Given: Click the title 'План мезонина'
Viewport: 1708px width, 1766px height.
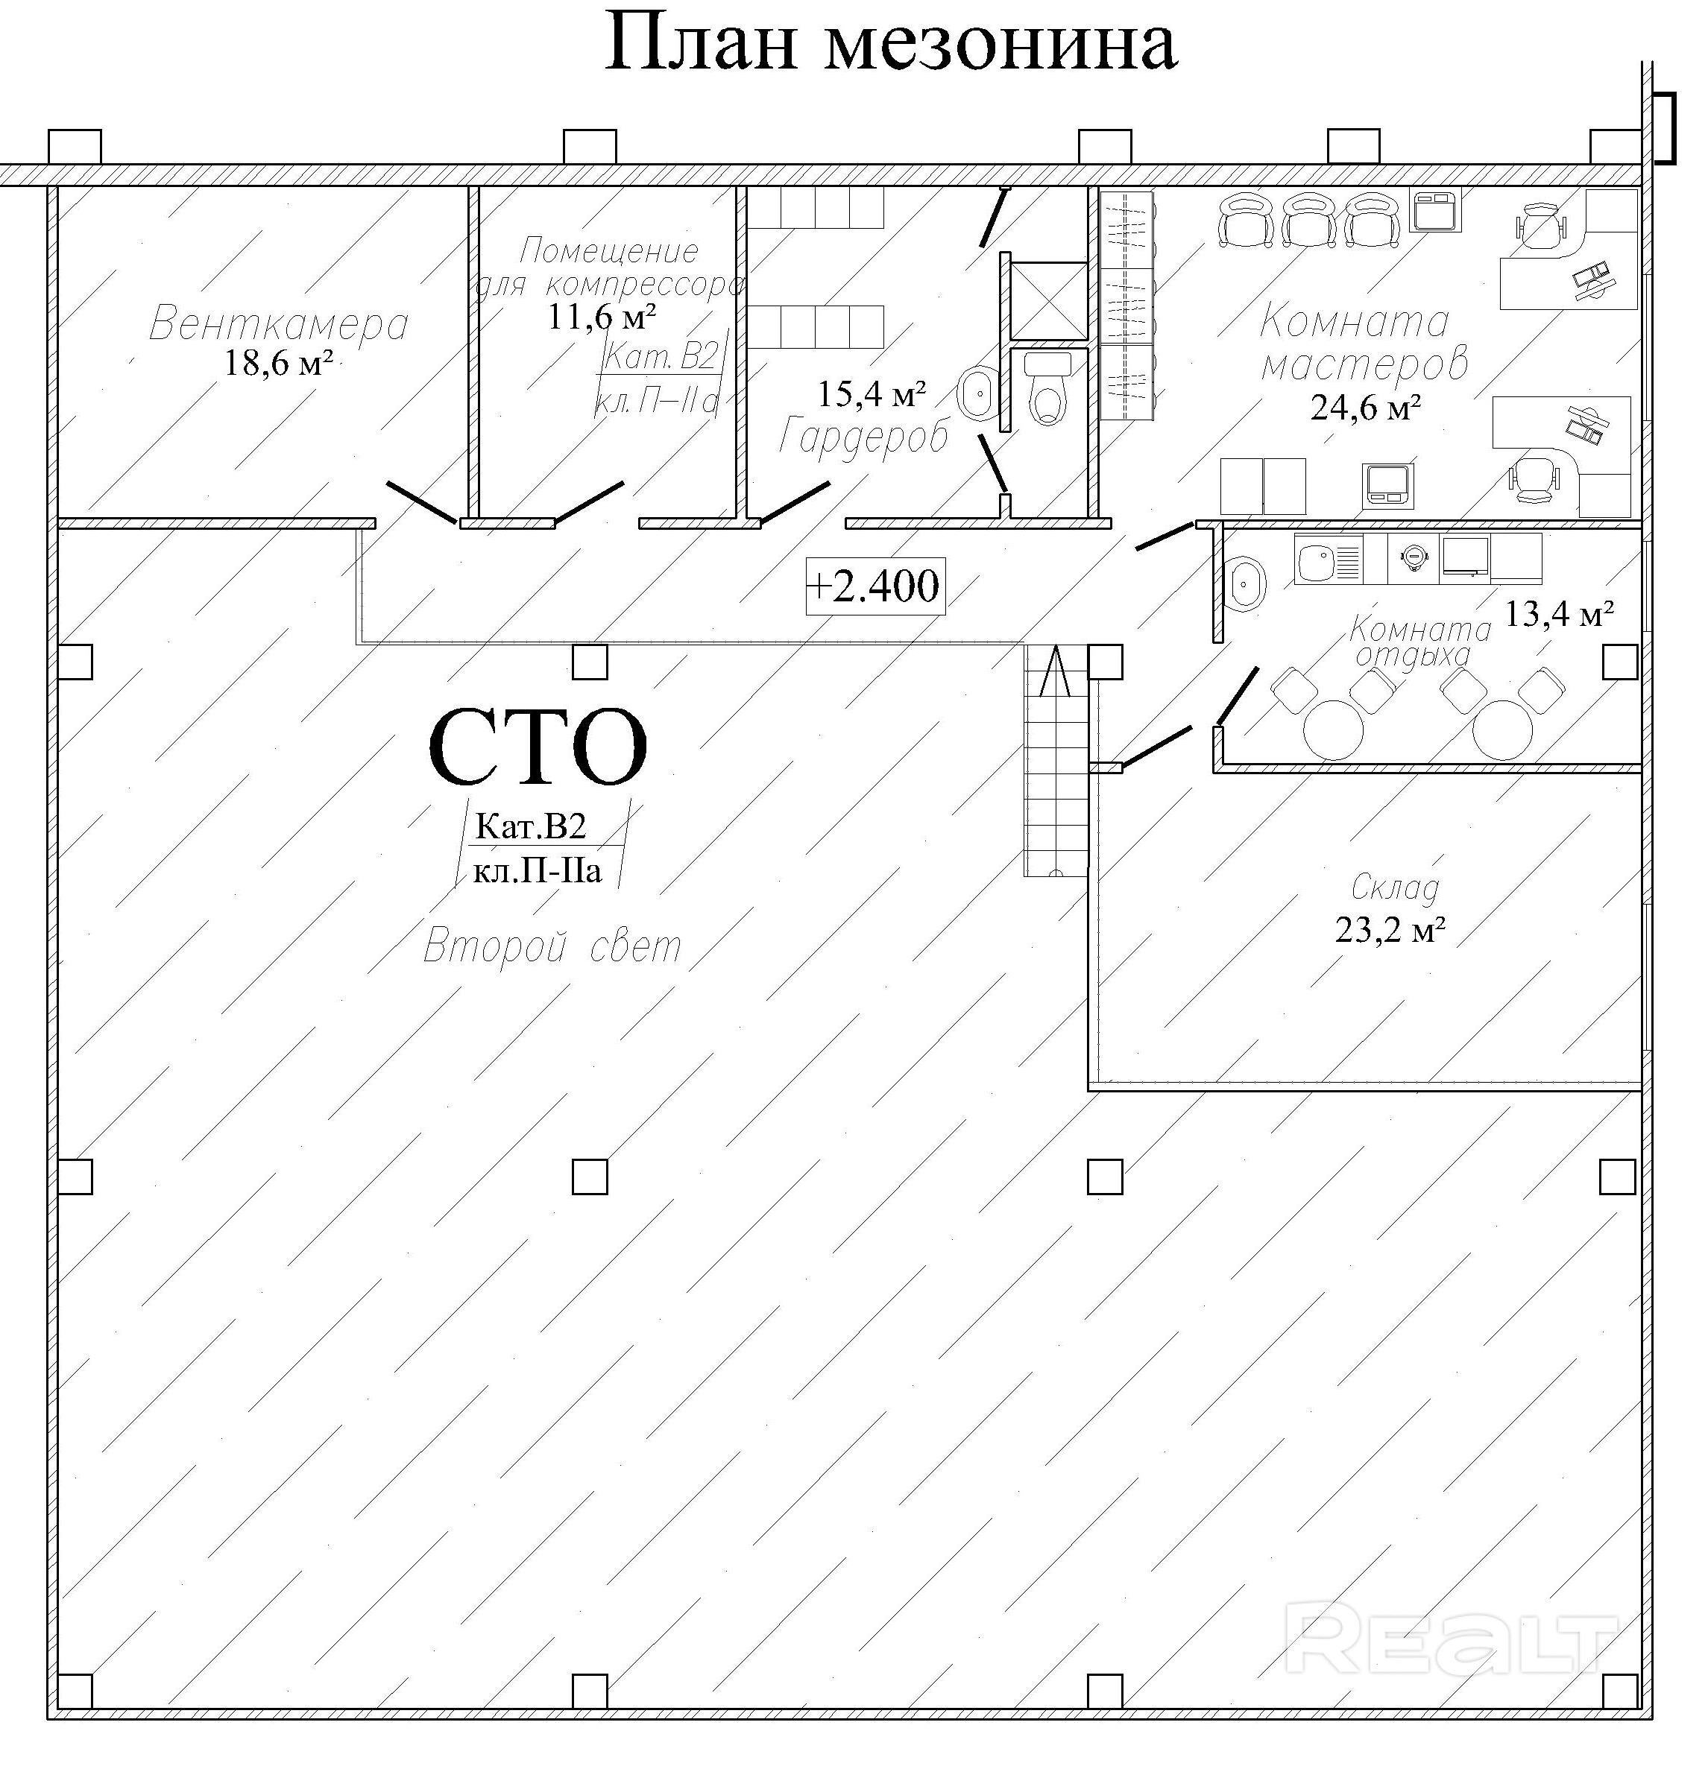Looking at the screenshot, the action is tap(890, 43).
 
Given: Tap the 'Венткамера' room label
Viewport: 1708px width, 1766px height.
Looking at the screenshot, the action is tap(279, 323).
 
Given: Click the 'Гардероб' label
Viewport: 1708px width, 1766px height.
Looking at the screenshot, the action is tap(863, 437).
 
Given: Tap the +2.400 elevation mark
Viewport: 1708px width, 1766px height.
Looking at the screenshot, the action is tap(875, 586).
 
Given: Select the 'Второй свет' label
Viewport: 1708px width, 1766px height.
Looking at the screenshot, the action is tap(552, 947).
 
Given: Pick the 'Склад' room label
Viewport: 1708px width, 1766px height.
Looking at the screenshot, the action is tap(1394, 888).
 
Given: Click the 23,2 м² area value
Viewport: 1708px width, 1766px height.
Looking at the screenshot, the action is tap(1390, 929).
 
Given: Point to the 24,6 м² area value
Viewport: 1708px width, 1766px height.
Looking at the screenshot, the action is tap(1366, 408).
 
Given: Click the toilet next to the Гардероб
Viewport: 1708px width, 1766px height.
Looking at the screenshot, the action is tap(1047, 389).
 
